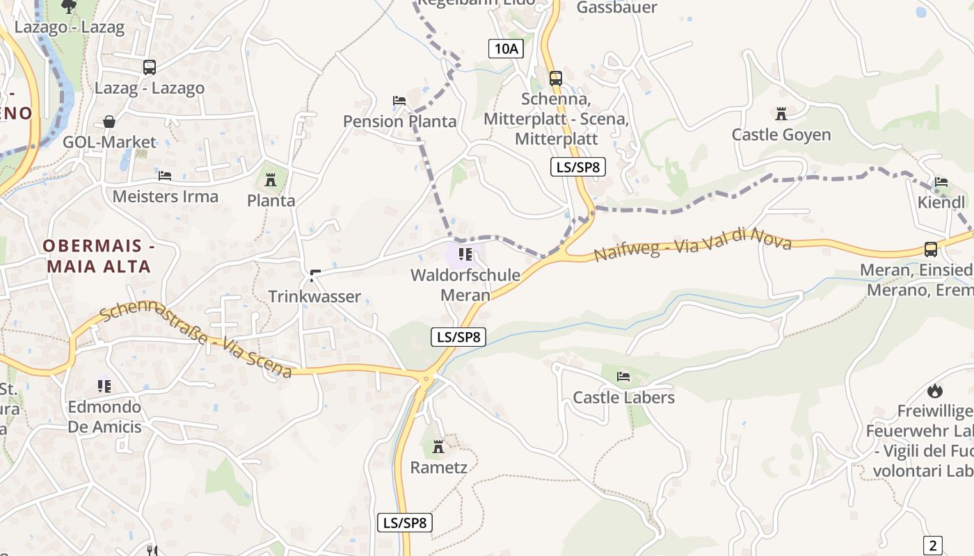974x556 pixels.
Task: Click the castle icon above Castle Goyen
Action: [781, 113]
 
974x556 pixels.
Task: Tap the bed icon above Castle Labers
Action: [623, 377]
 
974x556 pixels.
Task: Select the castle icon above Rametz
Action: [438, 446]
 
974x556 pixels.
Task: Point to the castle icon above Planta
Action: [271, 180]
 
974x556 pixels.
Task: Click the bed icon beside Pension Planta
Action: [399, 101]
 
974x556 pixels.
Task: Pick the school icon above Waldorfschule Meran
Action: [465, 254]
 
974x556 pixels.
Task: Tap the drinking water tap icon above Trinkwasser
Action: [314, 276]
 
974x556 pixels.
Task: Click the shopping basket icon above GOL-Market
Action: [109, 122]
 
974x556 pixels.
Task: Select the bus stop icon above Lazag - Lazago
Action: [150, 67]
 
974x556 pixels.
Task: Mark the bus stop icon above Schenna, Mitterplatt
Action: [555, 78]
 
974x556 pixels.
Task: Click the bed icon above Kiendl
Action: [941, 182]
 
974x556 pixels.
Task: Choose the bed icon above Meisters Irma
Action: [165, 176]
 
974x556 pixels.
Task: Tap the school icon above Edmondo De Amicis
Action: [104, 386]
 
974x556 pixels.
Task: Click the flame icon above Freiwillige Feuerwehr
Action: [934, 391]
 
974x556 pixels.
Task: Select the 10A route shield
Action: [506, 48]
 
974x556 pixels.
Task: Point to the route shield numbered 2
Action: [933, 545]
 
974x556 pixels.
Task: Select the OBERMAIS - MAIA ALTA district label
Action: [97, 256]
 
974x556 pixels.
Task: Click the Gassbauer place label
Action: [616, 8]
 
